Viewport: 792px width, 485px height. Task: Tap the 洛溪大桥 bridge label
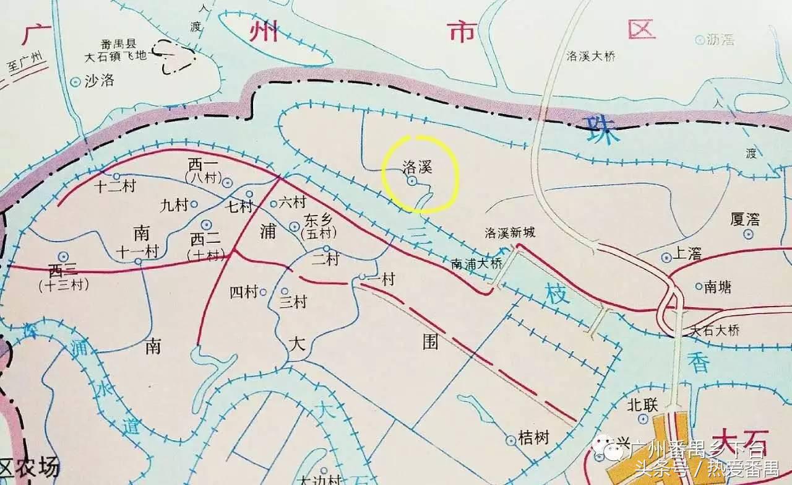(591, 56)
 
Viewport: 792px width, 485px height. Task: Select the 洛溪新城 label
(510, 234)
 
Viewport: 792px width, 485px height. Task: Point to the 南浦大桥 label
(477, 263)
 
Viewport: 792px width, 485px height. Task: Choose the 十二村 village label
(115, 186)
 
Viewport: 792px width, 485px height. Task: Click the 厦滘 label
(745, 220)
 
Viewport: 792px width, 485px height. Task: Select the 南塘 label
(717, 286)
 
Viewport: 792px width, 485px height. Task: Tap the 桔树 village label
(534, 439)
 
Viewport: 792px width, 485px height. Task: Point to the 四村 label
(244, 292)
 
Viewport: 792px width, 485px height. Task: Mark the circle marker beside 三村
(285, 291)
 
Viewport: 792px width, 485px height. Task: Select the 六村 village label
(292, 202)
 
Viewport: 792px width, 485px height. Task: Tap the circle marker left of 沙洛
(75, 81)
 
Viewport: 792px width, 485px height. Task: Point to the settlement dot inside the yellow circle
(411, 181)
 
